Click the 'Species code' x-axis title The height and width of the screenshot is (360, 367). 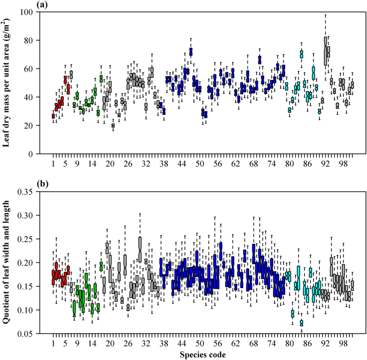point(199,354)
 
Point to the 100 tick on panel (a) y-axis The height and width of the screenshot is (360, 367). point(27,12)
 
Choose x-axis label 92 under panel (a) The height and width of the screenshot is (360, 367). point(326,163)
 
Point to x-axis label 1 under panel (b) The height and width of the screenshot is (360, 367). point(54,343)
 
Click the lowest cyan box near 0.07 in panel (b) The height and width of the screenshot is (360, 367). point(302,323)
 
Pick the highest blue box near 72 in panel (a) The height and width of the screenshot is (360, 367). point(191,52)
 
